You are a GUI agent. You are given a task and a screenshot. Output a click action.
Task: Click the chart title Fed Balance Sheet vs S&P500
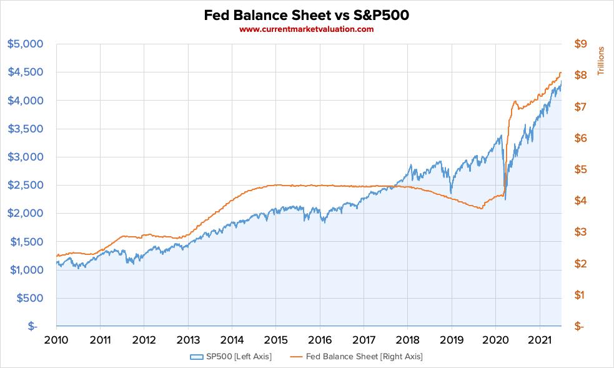[307, 14]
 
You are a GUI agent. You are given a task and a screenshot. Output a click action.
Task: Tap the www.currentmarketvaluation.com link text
[307, 29]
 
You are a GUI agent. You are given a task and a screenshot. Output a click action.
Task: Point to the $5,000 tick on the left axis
[25, 44]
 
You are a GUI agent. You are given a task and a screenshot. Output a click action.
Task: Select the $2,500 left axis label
[25, 185]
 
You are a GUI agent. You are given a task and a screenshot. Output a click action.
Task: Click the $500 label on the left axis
[29, 298]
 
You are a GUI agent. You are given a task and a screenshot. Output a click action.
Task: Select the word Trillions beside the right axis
[602, 61]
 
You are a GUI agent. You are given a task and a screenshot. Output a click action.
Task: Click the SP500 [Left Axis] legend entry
[232, 357]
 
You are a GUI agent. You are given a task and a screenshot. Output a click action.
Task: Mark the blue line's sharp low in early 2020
[505, 199]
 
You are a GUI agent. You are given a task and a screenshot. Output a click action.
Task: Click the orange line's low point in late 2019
[481, 209]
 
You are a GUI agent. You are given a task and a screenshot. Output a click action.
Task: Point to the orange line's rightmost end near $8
[560, 73]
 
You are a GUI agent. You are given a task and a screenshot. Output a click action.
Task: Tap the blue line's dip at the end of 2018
[450, 193]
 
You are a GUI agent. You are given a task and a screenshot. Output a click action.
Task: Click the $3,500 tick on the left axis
[25, 129]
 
